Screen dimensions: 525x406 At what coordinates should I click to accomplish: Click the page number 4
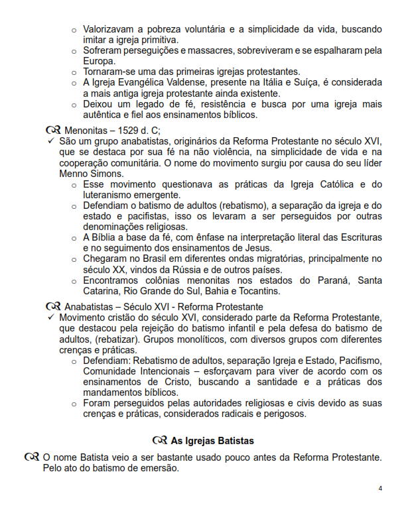pyautogui.click(x=380, y=489)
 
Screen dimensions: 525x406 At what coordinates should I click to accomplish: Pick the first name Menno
pyautogui.click(x=75, y=173)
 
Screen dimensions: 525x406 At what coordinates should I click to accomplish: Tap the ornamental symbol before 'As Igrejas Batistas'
pyautogui.click(x=159, y=440)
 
